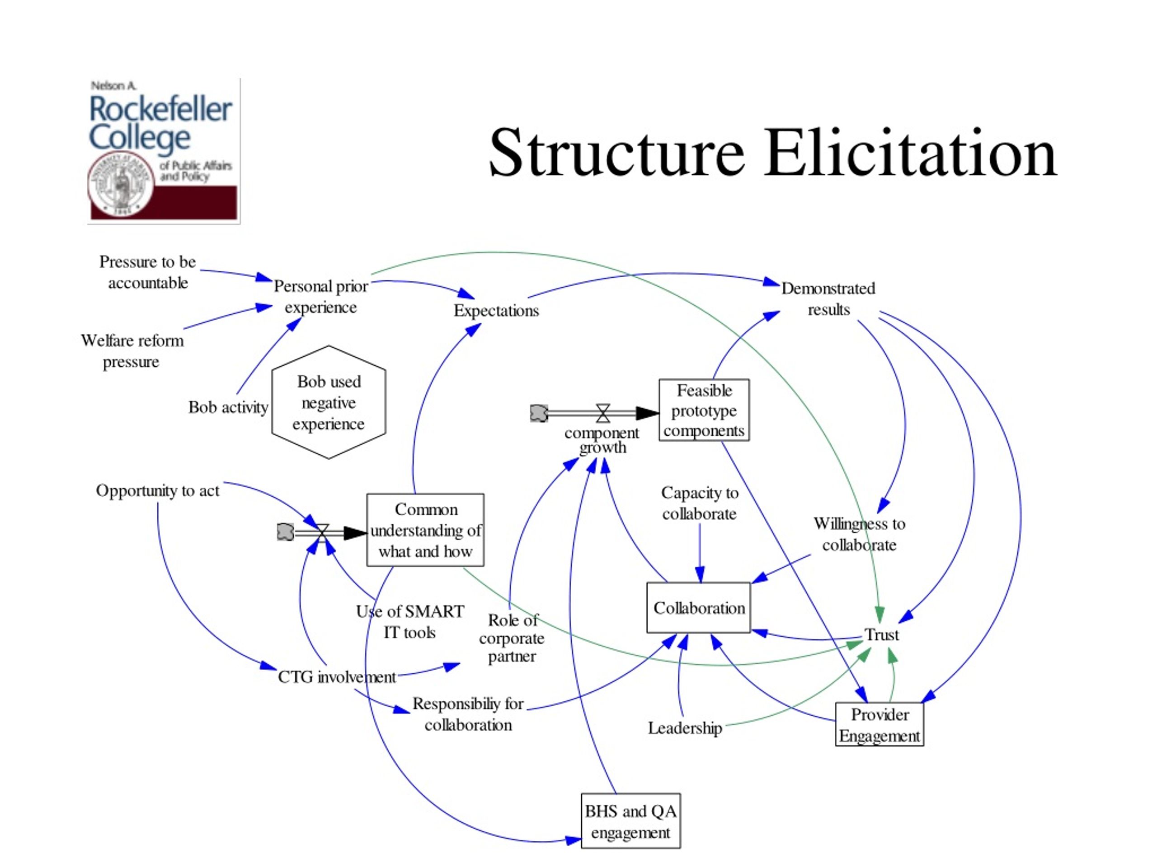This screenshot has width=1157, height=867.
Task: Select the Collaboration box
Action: (699, 608)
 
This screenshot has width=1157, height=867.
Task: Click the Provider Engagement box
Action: (879, 724)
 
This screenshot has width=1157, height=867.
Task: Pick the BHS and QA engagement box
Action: (631, 821)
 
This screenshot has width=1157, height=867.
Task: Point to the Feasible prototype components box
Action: (704, 410)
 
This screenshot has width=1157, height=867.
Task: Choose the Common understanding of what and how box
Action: (425, 530)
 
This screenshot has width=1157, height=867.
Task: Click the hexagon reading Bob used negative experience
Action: (329, 402)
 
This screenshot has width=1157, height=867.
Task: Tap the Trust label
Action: (881, 634)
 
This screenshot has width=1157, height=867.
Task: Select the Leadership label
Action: (685, 728)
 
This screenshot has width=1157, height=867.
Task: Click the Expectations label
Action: (496, 310)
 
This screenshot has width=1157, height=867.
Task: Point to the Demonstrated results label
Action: (828, 298)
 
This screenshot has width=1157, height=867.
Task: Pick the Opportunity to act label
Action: (157, 491)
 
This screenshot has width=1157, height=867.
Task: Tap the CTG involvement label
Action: (337, 677)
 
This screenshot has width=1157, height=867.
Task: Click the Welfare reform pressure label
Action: (132, 351)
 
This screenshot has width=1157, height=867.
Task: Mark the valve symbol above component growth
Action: (603, 413)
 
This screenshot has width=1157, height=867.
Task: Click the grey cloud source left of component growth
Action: (539, 413)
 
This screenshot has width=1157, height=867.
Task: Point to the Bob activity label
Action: (229, 407)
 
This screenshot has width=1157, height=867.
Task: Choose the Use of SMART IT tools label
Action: (410, 622)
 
